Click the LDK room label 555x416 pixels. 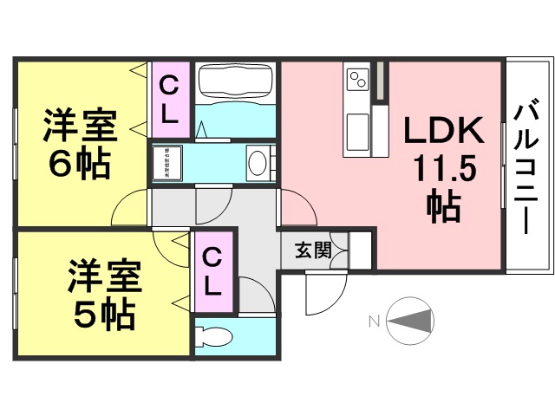point(445,130)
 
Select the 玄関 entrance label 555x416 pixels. point(312,250)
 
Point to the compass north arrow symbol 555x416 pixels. point(409,322)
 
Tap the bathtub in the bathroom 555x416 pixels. point(235,82)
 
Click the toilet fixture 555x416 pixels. point(211,338)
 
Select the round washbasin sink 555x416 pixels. point(258,161)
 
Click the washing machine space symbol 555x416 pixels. point(168,161)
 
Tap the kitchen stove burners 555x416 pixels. point(358,81)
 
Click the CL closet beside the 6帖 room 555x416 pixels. point(169,99)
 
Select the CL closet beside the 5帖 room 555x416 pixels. point(213,270)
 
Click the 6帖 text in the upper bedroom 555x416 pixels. point(79,164)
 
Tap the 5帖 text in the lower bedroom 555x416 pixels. point(103,314)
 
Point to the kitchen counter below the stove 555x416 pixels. point(357,129)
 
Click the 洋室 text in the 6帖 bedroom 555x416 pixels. point(80,127)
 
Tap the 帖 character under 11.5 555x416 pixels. point(443,206)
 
